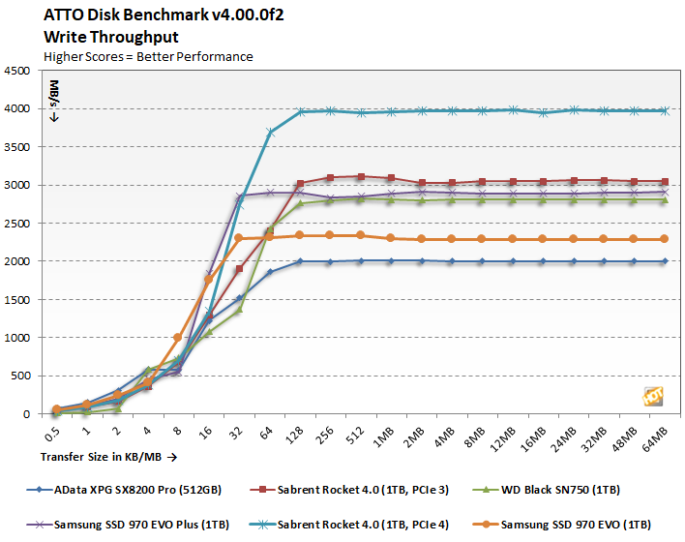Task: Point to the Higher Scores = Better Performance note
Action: (x=149, y=56)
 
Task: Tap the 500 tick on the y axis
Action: (x=21, y=376)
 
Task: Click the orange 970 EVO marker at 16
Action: (x=207, y=280)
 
